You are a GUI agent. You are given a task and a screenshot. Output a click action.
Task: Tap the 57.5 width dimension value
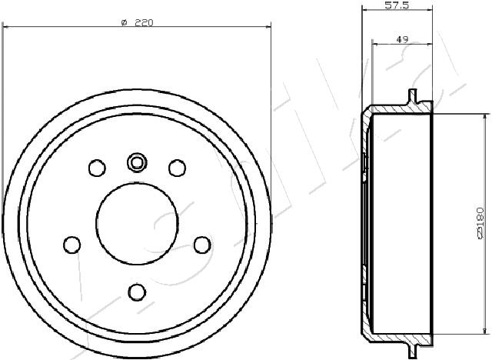pos(397,5)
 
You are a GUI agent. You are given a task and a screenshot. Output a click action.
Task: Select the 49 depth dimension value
pos(402,39)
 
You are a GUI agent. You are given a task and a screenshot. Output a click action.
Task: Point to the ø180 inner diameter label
pos(480,223)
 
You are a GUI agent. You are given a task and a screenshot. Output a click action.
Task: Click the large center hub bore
pos(137,223)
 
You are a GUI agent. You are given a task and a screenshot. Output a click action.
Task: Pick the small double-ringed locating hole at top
pos(137,162)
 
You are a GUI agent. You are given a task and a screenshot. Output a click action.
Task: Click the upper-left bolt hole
pos(97,168)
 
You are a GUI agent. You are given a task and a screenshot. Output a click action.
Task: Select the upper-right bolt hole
pos(178,168)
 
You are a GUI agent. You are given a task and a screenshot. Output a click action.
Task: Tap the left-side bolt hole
pos(71,245)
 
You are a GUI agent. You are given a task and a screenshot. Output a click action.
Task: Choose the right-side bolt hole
pos(202,245)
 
